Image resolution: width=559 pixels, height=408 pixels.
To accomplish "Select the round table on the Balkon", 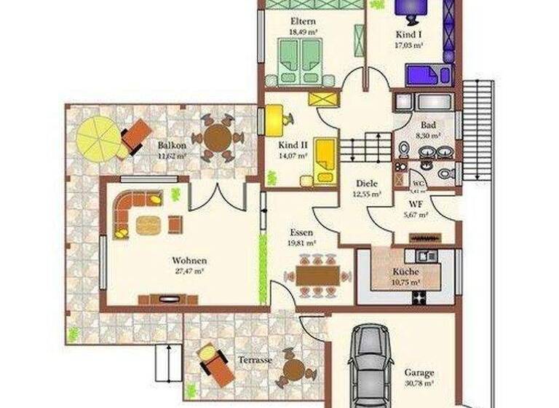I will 217,136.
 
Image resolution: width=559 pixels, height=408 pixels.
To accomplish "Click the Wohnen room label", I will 189,260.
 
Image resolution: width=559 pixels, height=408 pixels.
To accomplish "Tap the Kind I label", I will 408,34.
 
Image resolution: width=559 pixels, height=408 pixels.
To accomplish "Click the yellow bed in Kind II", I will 325,159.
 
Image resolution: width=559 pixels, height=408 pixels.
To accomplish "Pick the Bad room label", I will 427,125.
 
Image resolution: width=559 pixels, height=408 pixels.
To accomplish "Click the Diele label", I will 365,184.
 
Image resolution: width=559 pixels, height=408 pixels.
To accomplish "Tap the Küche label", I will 405,271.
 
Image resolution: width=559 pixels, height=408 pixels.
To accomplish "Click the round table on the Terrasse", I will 293,369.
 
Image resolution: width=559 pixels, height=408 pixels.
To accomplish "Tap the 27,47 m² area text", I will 189,270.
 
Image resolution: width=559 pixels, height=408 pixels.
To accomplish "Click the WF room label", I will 416,205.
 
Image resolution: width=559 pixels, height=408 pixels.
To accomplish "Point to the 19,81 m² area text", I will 301,243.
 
